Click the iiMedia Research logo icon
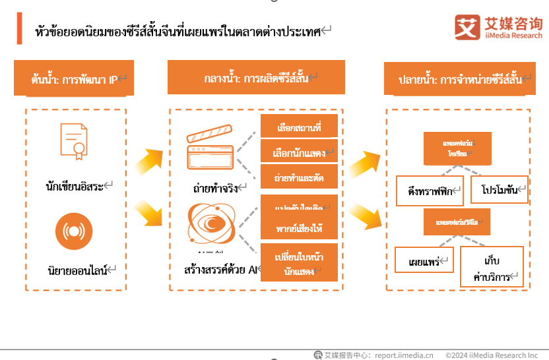[x=468, y=27]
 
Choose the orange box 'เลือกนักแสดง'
[x=300, y=153]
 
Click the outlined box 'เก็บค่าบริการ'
[x=492, y=267]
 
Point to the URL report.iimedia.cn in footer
[x=404, y=355]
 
